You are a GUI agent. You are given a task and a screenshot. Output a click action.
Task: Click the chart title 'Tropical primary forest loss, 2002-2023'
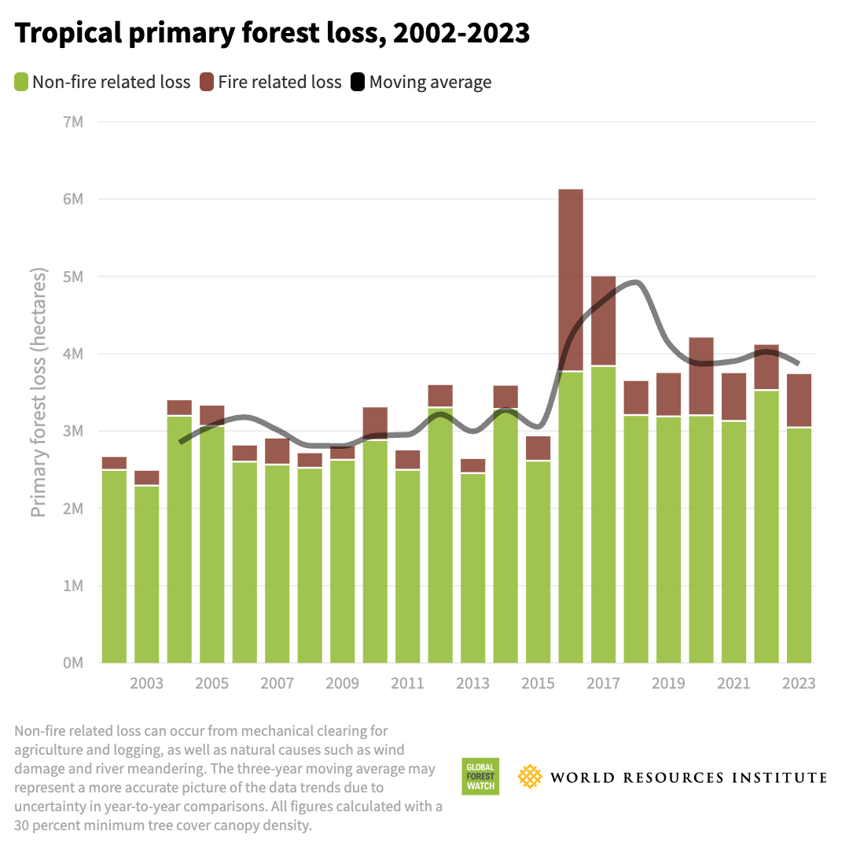pyautogui.click(x=272, y=34)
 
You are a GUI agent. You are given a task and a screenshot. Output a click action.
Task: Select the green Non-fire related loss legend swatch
pyautogui.click(x=21, y=82)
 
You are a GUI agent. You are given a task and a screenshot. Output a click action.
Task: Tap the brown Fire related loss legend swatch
pyautogui.click(x=208, y=82)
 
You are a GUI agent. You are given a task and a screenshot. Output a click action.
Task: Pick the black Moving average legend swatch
pyautogui.click(x=358, y=82)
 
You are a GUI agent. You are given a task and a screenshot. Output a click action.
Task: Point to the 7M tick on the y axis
pyautogui.click(x=72, y=122)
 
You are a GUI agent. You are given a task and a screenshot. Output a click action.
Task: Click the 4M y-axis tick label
pyautogui.click(x=72, y=354)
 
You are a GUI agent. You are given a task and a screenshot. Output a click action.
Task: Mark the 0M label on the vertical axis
pyautogui.click(x=72, y=663)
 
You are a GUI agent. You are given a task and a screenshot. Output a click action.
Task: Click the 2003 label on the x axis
pyautogui.click(x=147, y=683)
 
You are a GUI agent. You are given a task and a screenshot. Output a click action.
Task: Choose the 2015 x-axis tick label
pyautogui.click(x=538, y=683)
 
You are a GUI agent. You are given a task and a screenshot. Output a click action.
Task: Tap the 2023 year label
pyautogui.click(x=799, y=683)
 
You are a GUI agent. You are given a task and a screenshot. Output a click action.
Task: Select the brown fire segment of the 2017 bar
pyautogui.click(x=604, y=321)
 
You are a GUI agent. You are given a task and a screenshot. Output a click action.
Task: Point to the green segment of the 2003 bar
pyautogui.click(x=147, y=574)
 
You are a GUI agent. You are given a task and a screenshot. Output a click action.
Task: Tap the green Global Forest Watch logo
pyautogui.click(x=480, y=777)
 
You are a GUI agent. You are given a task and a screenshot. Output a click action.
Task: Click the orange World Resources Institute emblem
pyautogui.click(x=531, y=777)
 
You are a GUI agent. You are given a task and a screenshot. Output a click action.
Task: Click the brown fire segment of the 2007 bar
pyautogui.click(x=277, y=451)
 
